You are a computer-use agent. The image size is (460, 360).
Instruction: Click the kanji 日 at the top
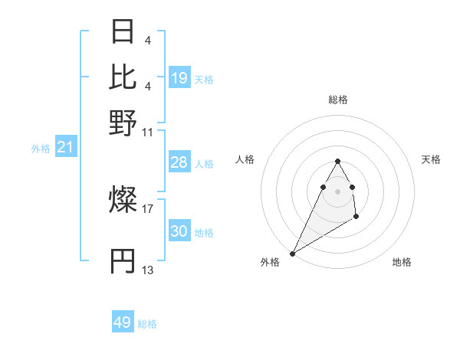coord(123,33)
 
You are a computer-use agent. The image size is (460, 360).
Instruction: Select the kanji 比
coord(123,77)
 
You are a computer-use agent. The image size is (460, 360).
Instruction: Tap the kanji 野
coord(123,123)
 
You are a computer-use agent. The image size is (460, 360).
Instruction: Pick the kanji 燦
coord(123,201)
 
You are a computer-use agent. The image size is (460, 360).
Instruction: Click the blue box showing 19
coord(179,78)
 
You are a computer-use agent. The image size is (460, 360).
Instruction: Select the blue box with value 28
coord(179,162)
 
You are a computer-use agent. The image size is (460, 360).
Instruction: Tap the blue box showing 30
coord(179,231)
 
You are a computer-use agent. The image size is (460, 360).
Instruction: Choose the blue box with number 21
coord(65,146)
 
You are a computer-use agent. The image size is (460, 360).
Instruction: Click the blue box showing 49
coord(123,322)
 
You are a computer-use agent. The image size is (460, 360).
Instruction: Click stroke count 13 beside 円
coord(148,270)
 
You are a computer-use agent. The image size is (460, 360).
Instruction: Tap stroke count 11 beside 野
coord(148,132)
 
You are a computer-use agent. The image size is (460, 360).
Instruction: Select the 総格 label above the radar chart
coord(337,100)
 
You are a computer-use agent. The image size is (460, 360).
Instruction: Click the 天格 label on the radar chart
coord(432,159)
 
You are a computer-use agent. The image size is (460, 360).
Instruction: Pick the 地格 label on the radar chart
coord(402,262)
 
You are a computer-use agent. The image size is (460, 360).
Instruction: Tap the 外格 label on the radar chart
coord(270,262)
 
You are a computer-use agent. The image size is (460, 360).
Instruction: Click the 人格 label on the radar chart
coord(245,159)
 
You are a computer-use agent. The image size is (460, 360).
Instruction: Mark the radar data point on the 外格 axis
coord(292,254)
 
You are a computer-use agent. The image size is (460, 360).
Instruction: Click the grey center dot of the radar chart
coord(337,191)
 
